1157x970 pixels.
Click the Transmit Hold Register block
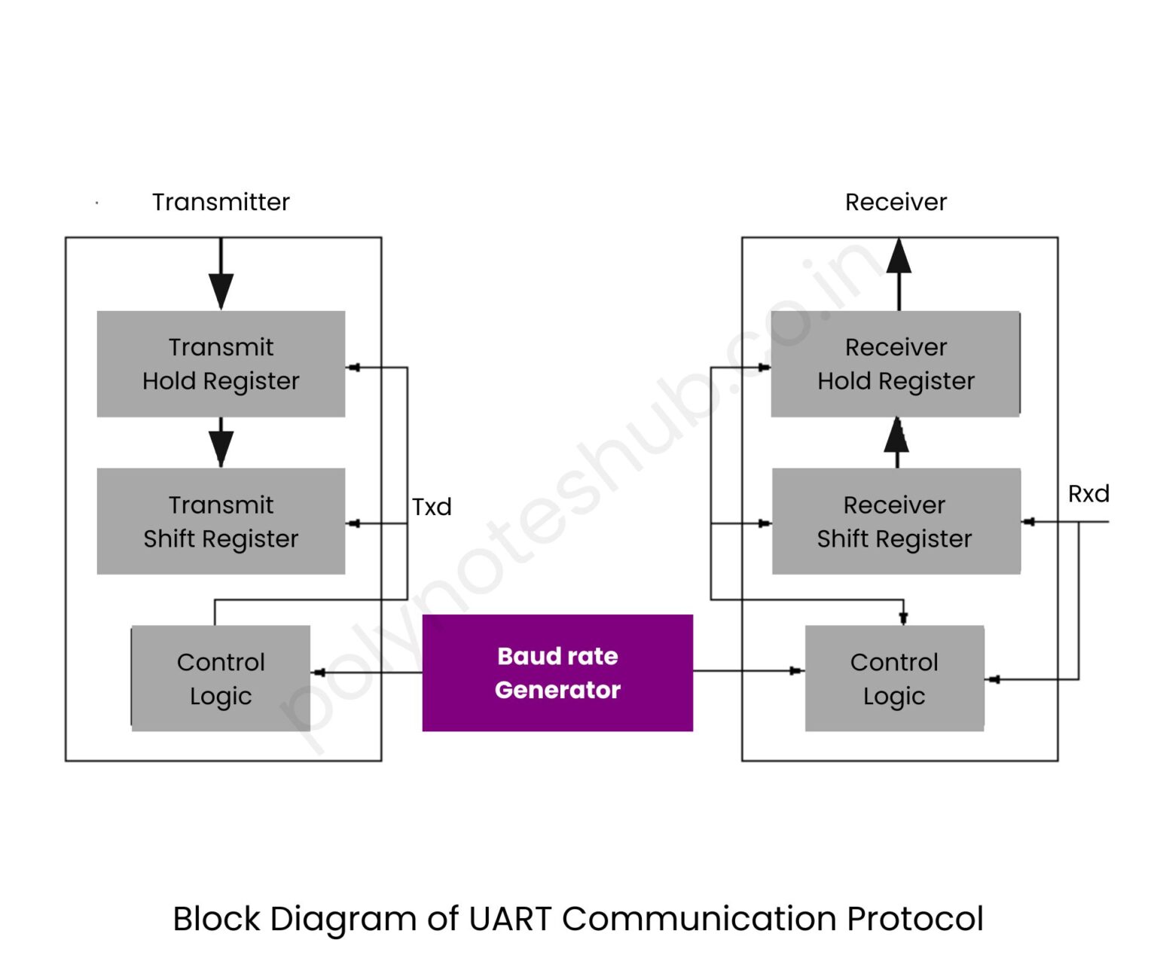[x=221, y=364]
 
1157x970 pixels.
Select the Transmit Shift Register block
[x=221, y=521]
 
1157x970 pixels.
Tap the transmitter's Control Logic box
[x=221, y=679]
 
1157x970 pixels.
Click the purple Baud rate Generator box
[x=557, y=673]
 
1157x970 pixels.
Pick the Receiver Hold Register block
[x=896, y=364]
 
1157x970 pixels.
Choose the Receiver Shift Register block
[x=896, y=521]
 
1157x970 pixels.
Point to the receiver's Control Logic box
[x=894, y=679]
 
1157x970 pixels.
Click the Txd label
[x=432, y=507]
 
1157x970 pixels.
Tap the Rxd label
[x=1088, y=494]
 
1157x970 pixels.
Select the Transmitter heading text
[x=221, y=202]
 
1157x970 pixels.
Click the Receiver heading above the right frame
[x=896, y=202]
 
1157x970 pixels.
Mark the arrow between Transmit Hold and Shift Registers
[x=221, y=444]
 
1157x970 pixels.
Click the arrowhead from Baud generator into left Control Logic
[x=319, y=673]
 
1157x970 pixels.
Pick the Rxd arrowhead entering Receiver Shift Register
[x=1029, y=521]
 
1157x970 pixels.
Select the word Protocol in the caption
[x=914, y=919]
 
